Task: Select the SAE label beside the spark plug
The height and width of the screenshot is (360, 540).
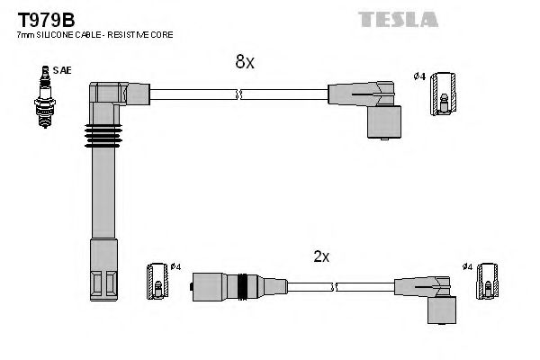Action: [x=61, y=69]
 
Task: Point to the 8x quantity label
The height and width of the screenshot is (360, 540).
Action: [x=245, y=61]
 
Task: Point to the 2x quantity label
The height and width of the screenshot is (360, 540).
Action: [x=321, y=256]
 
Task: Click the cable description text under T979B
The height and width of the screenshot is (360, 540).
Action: [x=94, y=34]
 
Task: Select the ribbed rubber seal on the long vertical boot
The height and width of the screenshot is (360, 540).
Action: [x=102, y=138]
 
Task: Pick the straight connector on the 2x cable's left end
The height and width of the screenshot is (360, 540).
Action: [x=225, y=287]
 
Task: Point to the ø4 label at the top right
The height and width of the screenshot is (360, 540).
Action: [x=418, y=76]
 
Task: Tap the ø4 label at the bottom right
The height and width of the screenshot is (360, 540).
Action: [x=467, y=266]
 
